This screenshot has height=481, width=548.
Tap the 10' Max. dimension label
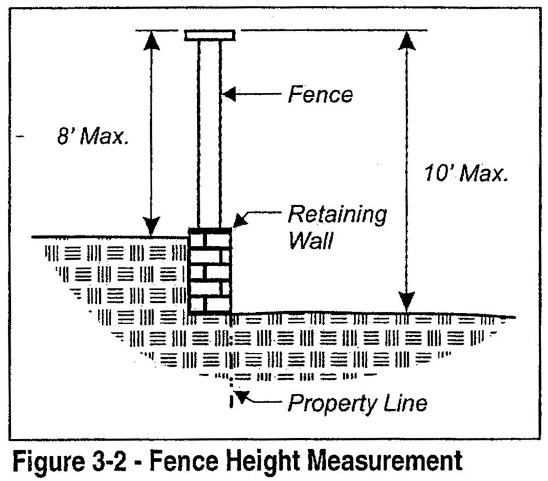(466, 174)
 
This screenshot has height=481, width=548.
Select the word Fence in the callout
(321, 94)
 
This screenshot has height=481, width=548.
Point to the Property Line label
(357, 404)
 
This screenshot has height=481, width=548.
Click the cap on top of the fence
(210, 36)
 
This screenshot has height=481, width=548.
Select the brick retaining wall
(210, 271)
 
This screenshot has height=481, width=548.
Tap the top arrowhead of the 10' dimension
(407, 41)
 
